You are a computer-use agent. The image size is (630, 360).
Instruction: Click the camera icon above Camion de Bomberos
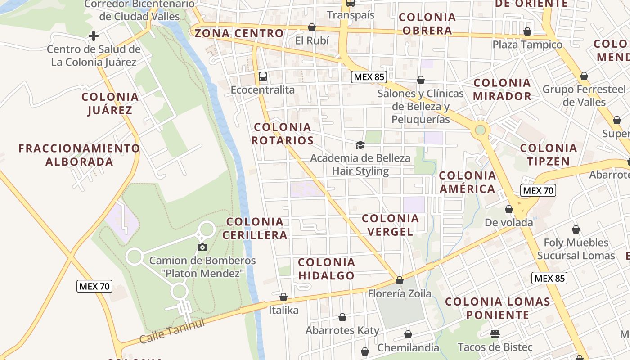pyautogui.click(x=202, y=247)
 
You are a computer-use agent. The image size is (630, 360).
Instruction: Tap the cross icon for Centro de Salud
pyautogui.click(x=94, y=36)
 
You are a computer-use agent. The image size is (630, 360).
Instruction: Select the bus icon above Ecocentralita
pyautogui.click(x=263, y=76)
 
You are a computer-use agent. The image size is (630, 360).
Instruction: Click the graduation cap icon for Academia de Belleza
pyautogui.click(x=360, y=145)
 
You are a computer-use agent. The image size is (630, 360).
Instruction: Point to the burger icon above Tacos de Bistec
pyautogui.click(x=495, y=334)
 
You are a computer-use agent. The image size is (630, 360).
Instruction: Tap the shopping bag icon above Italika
pyautogui.click(x=283, y=297)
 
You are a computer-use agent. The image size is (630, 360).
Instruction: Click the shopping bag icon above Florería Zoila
pyautogui.click(x=400, y=280)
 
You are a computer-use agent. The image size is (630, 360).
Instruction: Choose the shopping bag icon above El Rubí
pyautogui.click(x=312, y=27)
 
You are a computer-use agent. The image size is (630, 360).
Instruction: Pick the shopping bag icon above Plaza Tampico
pyautogui.click(x=527, y=31)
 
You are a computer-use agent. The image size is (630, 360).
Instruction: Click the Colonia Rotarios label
pyautogui.click(x=283, y=134)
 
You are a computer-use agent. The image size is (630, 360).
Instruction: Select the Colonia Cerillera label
pyautogui.click(x=255, y=228)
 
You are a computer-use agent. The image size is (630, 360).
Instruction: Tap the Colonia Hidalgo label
pyautogui.click(x=326, y=269)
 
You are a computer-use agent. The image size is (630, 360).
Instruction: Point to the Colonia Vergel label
pyautogui.click(x=390, y=225)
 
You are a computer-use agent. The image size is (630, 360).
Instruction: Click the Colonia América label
pyautogui.click(x=468, y=182)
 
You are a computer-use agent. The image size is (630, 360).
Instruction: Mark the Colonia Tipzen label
pyautogui.click(x=548, y=154)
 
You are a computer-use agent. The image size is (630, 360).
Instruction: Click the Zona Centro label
pyautogui.click(x=239, y=33)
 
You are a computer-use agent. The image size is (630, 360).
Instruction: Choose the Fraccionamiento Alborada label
pyautogui.click(x=79, y=155)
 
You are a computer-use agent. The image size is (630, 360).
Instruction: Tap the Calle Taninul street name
pyautogui.click(x=172, y=330)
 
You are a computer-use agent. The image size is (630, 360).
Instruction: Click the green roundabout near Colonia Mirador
pyautogui.click(x=481, y=130)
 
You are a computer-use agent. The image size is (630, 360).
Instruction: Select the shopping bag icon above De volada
pyautogui.click(x=509, y=209)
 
